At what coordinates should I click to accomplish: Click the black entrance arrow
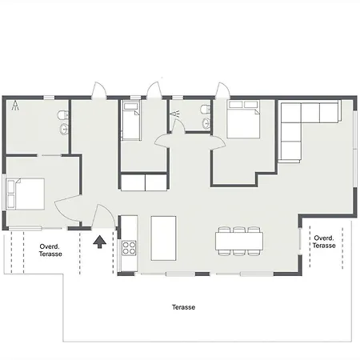(100, 242)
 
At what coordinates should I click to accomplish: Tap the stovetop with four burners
(129, 248)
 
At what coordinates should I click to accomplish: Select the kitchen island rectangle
(163, 238)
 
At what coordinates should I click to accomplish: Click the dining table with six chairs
(239, 241)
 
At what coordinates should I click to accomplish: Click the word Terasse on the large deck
(183, 307)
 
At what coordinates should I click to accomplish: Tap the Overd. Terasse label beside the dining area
(324, 242)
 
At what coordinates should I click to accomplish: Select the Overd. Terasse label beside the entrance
(50, 250)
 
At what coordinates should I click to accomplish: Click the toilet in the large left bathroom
(63, 115)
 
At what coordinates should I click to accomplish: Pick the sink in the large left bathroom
(64, 129)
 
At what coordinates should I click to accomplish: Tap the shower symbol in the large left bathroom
(16, 106)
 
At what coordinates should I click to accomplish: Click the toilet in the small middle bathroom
(206, 109)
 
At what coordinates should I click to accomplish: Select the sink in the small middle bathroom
(206, 123)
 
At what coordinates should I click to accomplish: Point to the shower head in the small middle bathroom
(175, 114)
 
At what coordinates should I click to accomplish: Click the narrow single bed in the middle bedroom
(130, 122)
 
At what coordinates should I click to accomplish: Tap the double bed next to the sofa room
(243, 119)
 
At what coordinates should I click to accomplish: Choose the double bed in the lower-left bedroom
(26, 194)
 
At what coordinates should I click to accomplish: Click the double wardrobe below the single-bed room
(144, 182)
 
